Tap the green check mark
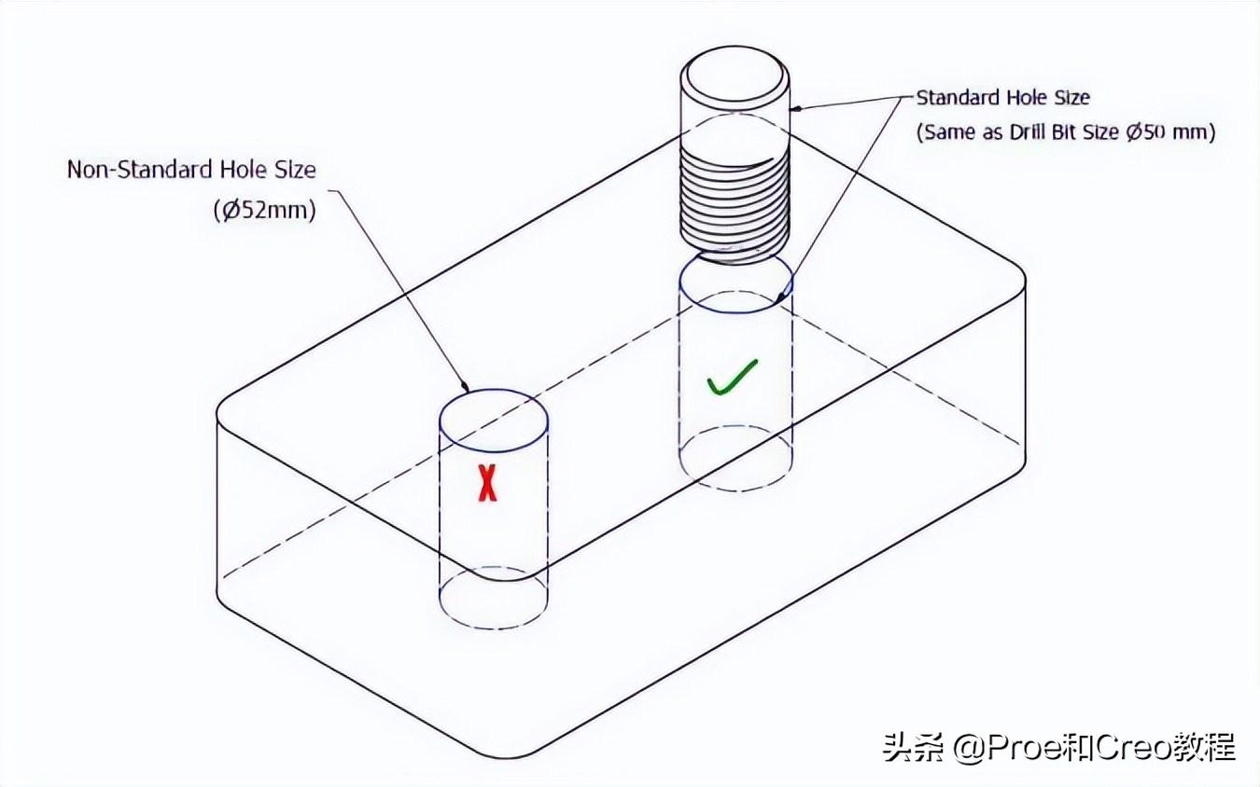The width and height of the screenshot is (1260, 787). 731,377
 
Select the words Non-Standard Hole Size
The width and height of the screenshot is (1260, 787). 191,170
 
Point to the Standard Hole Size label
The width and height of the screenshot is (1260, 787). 1002,97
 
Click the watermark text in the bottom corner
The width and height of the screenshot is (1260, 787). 1059,747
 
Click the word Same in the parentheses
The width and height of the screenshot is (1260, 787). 948,132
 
